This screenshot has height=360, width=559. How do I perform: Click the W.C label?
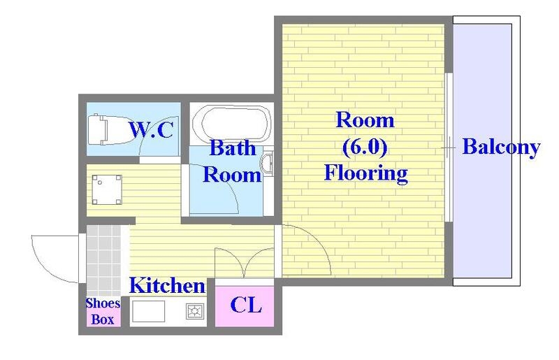(151, 129)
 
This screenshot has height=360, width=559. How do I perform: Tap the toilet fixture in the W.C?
(98, 129)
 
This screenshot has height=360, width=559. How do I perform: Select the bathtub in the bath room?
(231, 123)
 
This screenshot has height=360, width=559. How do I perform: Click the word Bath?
(233, 147)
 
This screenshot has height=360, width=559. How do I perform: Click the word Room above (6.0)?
(365, 120)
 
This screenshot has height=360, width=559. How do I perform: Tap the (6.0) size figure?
(365, 147)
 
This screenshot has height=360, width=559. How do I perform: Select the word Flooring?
(365, 173)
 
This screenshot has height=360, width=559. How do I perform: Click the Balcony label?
(501, 147)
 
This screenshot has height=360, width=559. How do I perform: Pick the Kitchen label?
(167, 285)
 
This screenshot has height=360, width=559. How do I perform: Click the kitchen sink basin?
(148, 311)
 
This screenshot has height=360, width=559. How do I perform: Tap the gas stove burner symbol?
(195, 311)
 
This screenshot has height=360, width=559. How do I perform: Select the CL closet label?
(246, 305)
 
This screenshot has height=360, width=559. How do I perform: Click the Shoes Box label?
(103, 312)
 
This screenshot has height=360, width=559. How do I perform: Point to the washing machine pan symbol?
(107, 189)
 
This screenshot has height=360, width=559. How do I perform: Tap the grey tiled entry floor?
(103, 261)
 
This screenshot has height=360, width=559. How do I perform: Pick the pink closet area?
(245, 306)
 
